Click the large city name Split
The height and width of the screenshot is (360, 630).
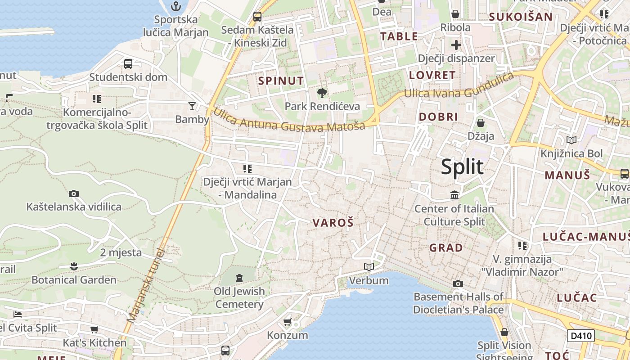[462, 167]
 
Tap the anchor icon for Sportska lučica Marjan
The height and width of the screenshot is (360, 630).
[176, 6]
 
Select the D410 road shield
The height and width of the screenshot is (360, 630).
[580, 336]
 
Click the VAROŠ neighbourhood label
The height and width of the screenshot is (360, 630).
[333, 222]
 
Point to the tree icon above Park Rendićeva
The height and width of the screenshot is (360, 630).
[322, 93]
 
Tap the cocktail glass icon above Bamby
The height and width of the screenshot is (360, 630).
[192, 106]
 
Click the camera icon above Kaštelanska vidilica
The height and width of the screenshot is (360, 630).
[74, 194]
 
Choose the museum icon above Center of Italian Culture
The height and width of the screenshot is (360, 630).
[454, 195]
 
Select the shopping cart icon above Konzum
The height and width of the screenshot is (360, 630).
[288, 322]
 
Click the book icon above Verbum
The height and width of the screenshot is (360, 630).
[369, 267]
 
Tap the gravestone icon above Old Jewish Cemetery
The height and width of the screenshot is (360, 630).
[239, 278]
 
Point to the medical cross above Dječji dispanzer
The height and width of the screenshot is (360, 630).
[456, 45]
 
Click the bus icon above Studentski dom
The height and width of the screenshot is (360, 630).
[128, 64]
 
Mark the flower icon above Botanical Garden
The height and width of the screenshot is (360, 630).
[74, 266]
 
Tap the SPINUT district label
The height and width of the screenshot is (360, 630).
[281, 81]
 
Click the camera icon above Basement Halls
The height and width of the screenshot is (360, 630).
[458, 283]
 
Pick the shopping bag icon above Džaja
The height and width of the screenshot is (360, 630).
[481, 122]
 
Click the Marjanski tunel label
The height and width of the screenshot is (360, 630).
[146, 285]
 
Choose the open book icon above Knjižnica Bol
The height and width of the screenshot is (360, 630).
[571, 140]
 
